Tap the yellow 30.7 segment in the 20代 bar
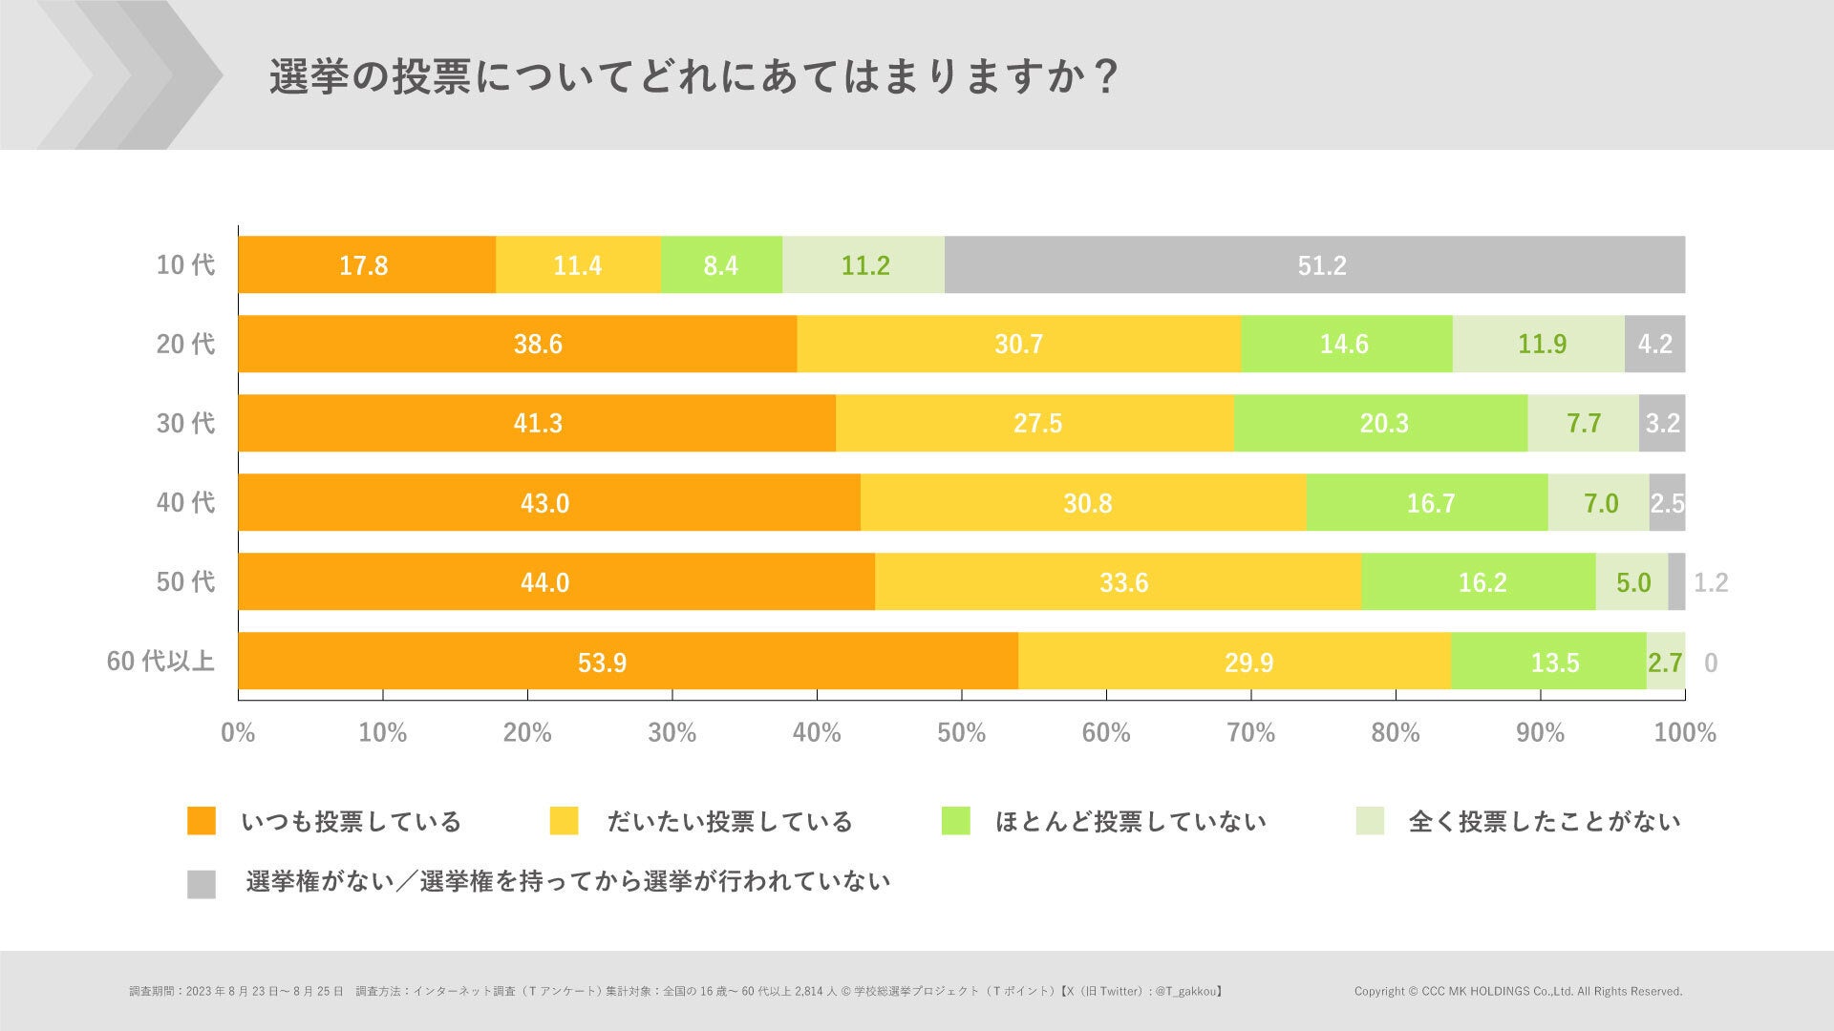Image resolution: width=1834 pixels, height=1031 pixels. pos(1018,344)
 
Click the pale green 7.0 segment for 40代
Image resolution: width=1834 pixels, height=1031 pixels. pos(1599,502)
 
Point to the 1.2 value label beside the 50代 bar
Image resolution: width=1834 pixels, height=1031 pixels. pos(1710,582)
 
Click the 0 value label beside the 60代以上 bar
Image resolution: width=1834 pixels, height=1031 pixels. pos(1710,663)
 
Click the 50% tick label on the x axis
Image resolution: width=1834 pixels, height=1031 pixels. pos(961,732)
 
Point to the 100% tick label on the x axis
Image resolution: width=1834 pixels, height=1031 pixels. pos(1685,732)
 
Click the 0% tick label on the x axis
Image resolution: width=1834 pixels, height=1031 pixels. pos(238,732)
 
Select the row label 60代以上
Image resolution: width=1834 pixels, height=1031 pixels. pos(160,661)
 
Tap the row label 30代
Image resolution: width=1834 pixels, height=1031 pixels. pos(186,423)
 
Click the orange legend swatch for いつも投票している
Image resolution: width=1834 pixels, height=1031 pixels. pos(202,821)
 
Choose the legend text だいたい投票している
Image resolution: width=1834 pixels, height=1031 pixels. pos(730,821)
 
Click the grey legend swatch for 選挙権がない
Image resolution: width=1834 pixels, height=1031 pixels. pos(202,884)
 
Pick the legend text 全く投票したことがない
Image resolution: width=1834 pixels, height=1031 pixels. pos(1544,821)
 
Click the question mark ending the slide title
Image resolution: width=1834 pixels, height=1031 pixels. pos(1106,77)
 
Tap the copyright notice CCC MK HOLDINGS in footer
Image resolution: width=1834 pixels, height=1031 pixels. pos(1517,991)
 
